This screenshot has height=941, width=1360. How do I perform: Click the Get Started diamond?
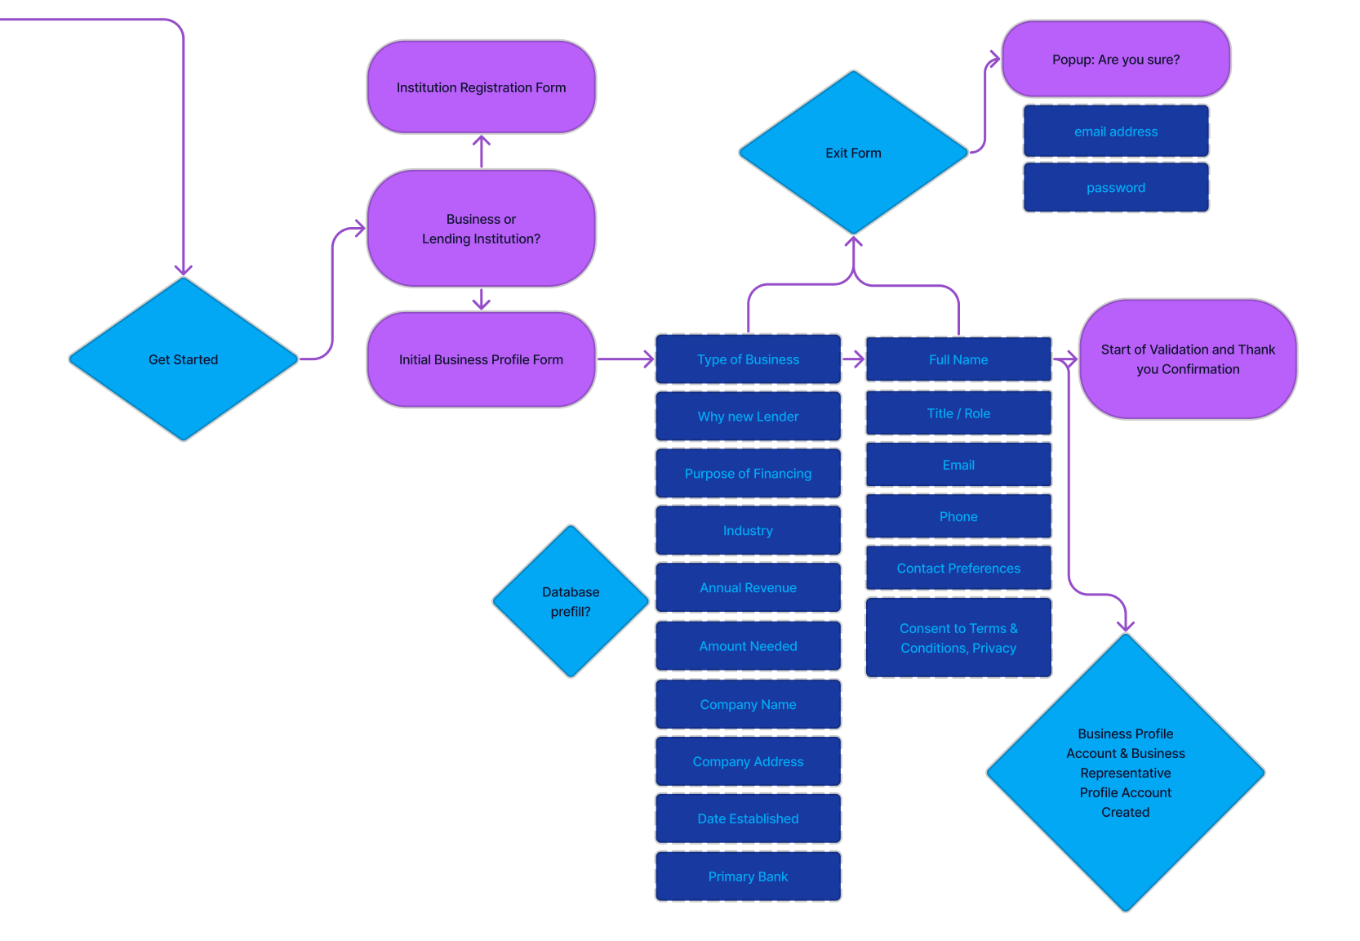pos(184,359)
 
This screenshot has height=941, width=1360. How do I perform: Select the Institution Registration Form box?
pos(482,87)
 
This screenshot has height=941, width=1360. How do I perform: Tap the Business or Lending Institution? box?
pos(482,229)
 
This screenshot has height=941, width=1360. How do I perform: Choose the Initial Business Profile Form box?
pos(482,359)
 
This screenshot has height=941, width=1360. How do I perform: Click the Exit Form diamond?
pos(853,153)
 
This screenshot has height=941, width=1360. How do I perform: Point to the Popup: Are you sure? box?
pos(1116,60)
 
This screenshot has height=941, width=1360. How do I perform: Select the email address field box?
pos(1116,132)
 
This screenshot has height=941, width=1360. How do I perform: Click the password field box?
pos(1116,188)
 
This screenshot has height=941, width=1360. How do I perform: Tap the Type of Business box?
pos(748,359)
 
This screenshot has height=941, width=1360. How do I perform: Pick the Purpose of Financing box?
pos(748,474)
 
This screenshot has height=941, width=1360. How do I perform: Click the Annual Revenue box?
pos(748,588)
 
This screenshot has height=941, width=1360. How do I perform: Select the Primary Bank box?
pos(748,876)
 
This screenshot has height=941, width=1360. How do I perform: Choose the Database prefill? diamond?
pos(571,602)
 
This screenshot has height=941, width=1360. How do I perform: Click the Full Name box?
pos(958,359)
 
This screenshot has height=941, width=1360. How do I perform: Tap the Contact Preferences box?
pos(958,569)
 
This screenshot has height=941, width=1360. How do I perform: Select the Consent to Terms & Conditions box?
pos(958,638)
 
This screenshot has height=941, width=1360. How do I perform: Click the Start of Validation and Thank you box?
pos(1188,359)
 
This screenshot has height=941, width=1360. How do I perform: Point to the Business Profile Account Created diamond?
pos(1125,773)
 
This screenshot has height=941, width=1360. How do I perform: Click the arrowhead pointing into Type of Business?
pos(649,359)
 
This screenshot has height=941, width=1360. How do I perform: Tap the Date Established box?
pos(748,818)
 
